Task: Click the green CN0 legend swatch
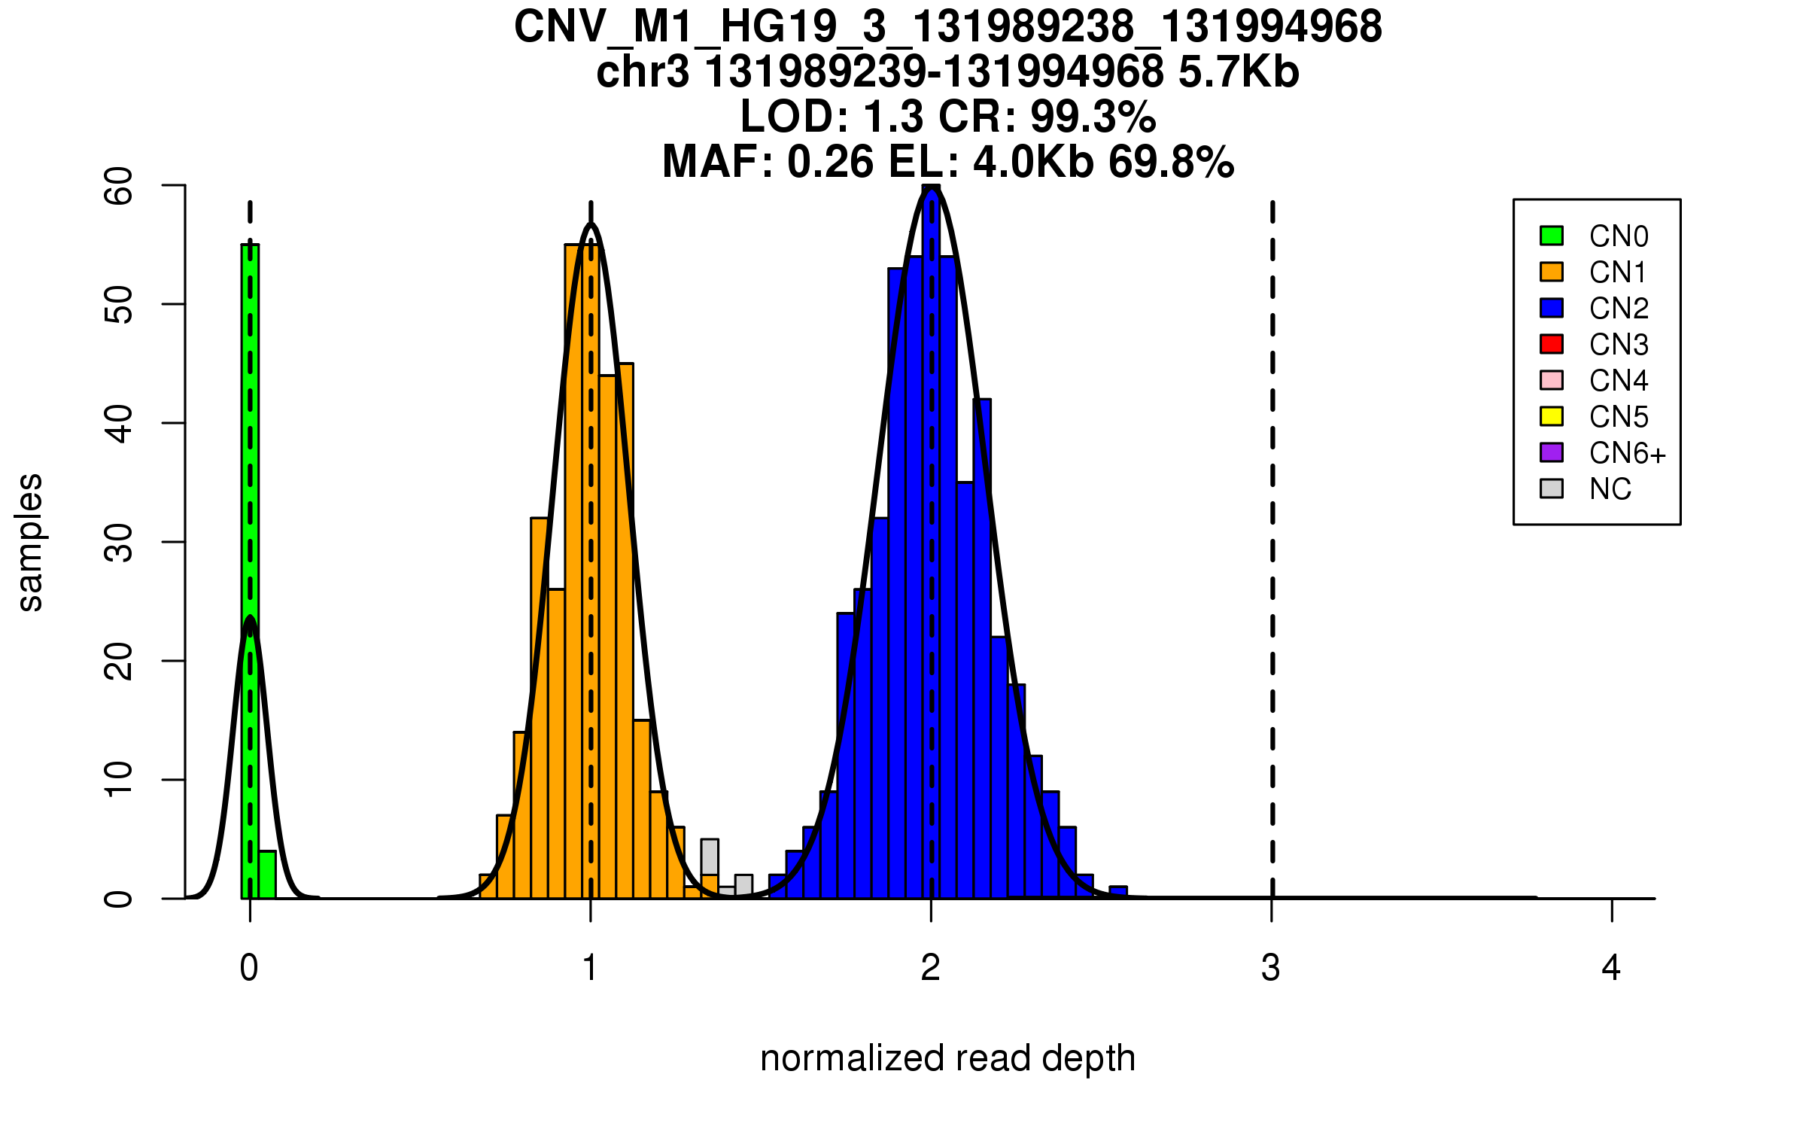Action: point(1552,236)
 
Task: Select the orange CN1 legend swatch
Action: point(1552,272)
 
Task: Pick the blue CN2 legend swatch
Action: point(1552,308)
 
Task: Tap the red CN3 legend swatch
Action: point(1552,344)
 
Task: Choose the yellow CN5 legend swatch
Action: point(1552,416)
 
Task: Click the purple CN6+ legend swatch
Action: point(1552,452)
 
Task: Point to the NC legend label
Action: point(1610,489)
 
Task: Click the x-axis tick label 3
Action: point(1271,968)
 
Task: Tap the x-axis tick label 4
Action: point(1611,968)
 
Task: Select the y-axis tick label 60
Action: point(119,186)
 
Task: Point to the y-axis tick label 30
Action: point(119,543)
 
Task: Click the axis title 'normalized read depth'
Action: point(947,1058)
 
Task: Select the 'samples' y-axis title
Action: point(30,542)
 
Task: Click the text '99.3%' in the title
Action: point(1093,117)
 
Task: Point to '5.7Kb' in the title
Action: point(1239,72)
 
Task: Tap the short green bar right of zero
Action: point(267,875)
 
